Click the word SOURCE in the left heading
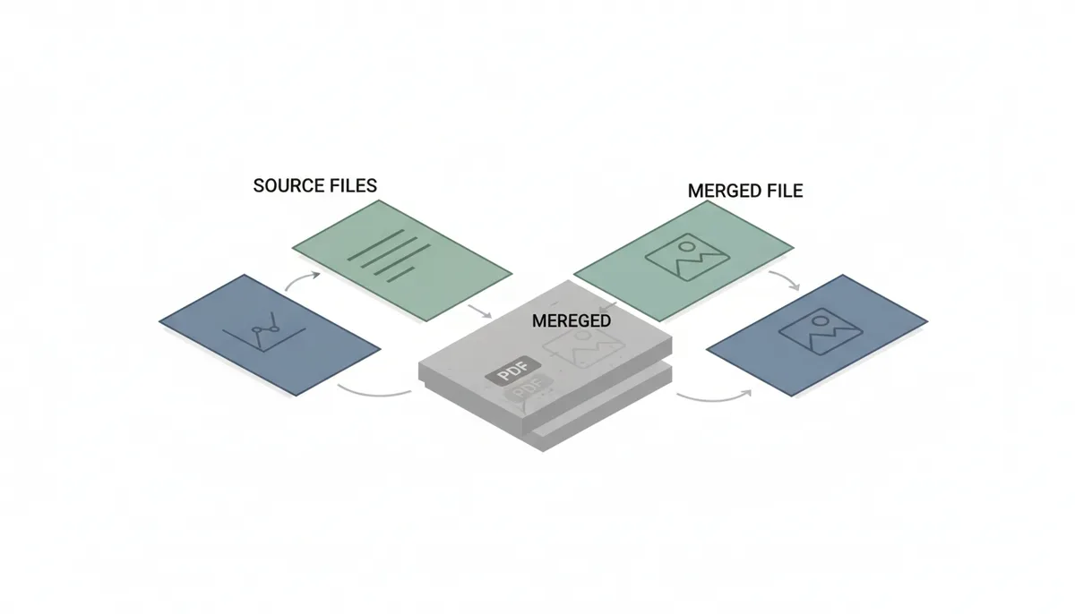pyautogui.click(x=282, y=185)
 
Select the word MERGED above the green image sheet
pyautogui.click(x=724, y=191)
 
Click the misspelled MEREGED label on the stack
pyautogui.click(x=572, y=320)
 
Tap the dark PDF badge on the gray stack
pyautogui.click(x=513, y=371)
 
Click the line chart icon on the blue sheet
pyautogui.click(x=264, y=332)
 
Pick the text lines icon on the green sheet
pyautogui.click(x=389, y=256)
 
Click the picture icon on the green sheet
pyautogui.click(x=687, y=257)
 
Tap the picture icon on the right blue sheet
pyautogui.click(x=821, y=331)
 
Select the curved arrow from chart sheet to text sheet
pyautogui.click(x=300, y=278)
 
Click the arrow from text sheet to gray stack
pyautogui.click(x=480, y=311)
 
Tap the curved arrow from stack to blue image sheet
pyautogui.click(x=715, y=398)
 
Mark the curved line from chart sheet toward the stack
pyautogui.click(x=374, y=395)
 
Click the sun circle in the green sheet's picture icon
pyautogui.click(x=687, y=247)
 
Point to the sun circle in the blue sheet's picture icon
pyautogui.click(x=821, y=321)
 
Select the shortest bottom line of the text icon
pyautogui.click(x=400, y=275)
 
